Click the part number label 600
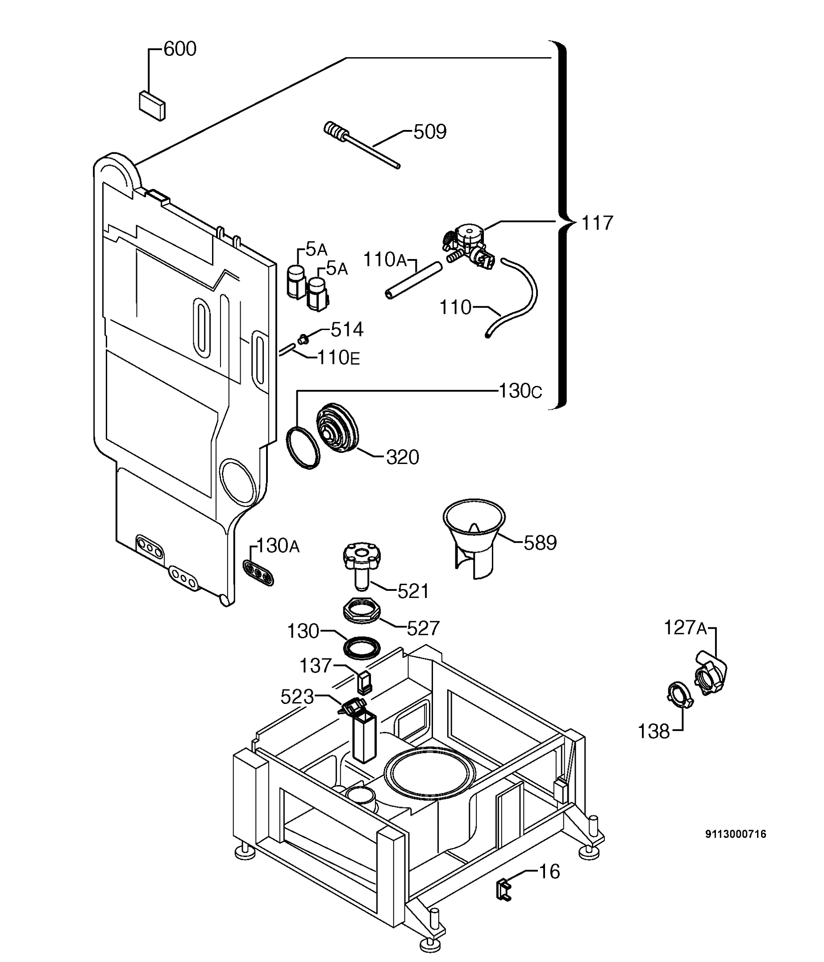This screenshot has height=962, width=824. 180,49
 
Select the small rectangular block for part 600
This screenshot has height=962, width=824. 152,105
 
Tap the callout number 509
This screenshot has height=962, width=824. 429,132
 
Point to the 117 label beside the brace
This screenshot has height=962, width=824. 597,223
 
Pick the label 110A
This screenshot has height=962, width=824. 385,260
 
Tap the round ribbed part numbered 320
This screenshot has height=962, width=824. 337,427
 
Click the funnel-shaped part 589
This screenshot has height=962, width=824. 474,534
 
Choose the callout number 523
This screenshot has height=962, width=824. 297,697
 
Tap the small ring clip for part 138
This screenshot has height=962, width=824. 678,694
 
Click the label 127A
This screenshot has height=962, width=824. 685,628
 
